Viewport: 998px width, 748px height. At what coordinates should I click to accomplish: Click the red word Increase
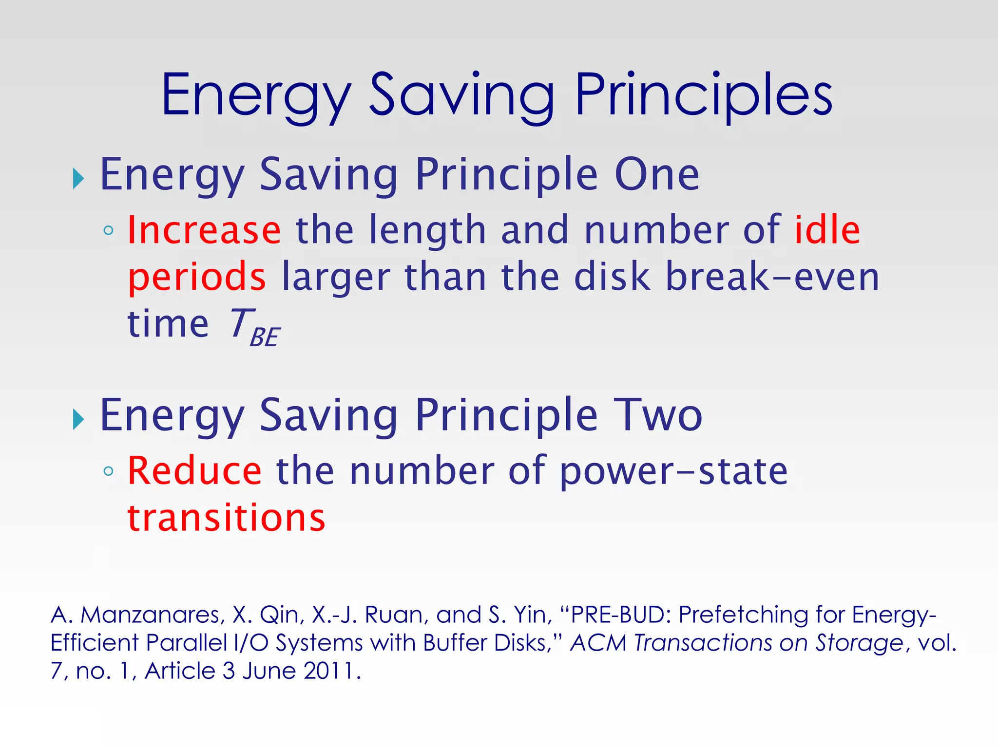click(x=204, y=230)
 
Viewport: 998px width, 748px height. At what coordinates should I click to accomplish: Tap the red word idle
click(x=827, y=230)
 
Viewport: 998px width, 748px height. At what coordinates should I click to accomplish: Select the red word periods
click(x=197, y=277)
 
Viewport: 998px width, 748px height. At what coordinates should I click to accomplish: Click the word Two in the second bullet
click(x=657, y=415)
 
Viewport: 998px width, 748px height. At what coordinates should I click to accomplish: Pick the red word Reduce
click(x=195, y=471)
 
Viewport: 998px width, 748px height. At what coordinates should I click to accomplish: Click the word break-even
click(x=772, y=277)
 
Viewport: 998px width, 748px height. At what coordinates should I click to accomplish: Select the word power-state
click(x=673, y=471)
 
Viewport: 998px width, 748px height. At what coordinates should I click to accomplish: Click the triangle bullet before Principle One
click(x=78, y=179)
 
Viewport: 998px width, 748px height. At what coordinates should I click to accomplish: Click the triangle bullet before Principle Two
click(x=78, y=419)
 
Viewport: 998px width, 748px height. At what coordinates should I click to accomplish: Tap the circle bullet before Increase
click(x=109, y=230)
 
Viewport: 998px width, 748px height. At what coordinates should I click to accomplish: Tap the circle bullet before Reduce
click(x=109, y=471)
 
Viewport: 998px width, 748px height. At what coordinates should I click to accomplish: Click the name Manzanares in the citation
click(x=152, y=615)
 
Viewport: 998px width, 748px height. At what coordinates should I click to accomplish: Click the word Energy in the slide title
click(x=256, y=95)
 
